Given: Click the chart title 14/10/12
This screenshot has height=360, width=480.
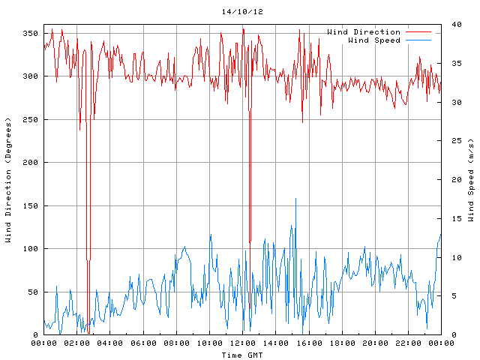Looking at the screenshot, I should pos(242,13).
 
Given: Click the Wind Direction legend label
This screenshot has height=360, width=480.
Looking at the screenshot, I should pos(363,32).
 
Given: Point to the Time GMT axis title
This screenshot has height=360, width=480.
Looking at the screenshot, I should pos(241,355).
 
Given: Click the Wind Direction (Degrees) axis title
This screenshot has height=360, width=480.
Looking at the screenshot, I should pos(8,180).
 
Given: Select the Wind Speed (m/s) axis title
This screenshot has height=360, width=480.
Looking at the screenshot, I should pos(471,180).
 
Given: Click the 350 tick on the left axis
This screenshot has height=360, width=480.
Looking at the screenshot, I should pos(30,34).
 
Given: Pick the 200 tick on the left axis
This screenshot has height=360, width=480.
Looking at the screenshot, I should pos(30,163).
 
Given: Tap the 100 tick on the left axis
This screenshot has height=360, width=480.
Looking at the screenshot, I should pos(30,249).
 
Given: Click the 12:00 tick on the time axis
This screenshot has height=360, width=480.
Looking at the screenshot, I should pos(242,343).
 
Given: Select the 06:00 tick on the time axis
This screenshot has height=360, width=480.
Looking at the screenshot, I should pos(143,343).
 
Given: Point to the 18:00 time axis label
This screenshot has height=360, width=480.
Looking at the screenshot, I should pos(341,343).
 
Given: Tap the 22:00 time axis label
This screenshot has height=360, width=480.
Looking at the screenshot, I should pos(407,343).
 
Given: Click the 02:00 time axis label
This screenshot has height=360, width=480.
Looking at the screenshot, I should pos(77,343).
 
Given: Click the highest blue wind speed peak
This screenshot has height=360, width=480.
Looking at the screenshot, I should pos(295,199).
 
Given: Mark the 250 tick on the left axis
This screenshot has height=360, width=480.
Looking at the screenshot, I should pos(30,120).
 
